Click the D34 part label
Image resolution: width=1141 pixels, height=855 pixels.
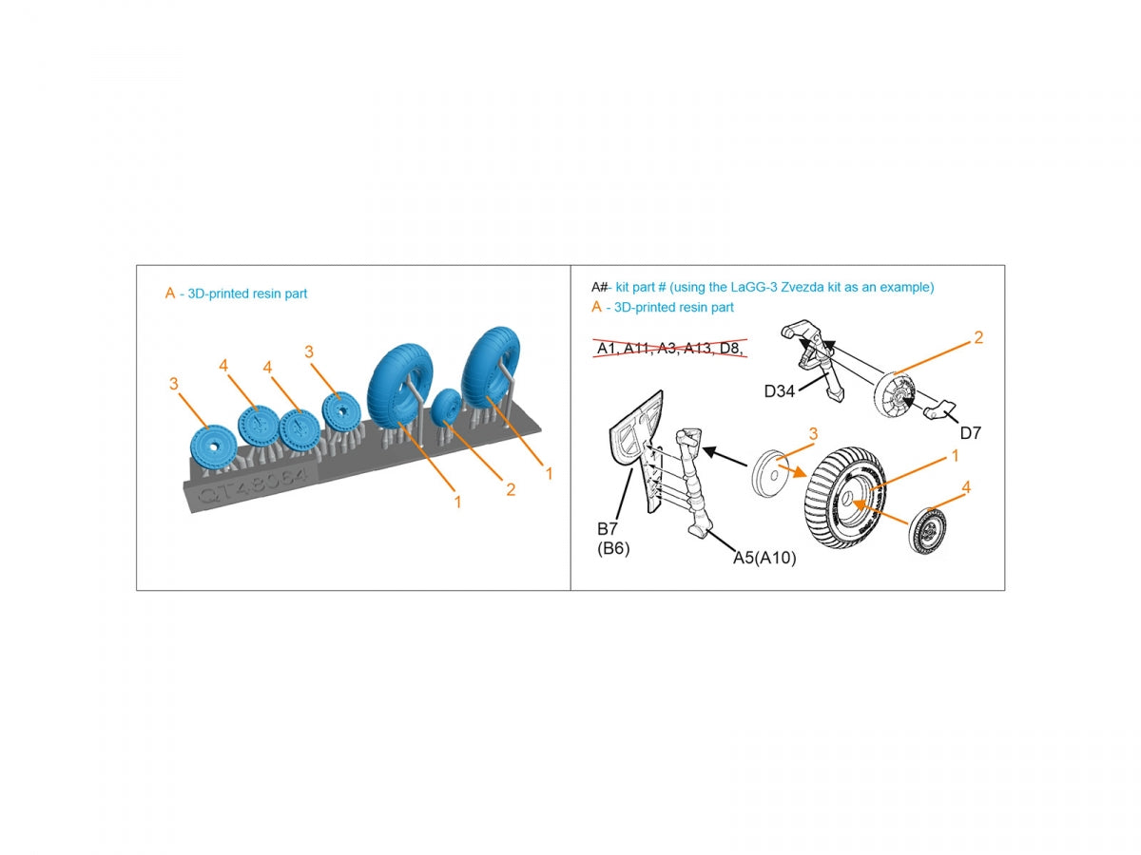point(779,390)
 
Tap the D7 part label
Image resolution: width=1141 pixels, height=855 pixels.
point(970,432)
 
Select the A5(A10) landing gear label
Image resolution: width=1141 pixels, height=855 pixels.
point(764,558)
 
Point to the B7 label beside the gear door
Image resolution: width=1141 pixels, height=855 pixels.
point(608,529)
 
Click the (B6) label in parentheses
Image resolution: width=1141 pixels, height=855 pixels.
point(613,549)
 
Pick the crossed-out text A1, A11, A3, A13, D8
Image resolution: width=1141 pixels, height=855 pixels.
point(669,348)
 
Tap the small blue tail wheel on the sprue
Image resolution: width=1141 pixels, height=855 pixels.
point(447,406)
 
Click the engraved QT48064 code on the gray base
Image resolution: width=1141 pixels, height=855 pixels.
point(253,485)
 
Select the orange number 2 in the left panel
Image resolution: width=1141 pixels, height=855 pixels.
point(511,489)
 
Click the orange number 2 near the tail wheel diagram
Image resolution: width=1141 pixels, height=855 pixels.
point(978,337)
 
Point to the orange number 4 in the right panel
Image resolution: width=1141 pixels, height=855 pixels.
point(966,487)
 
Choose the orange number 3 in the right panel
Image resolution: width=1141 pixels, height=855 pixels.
point(813,433)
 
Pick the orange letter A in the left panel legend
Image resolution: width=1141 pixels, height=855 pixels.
point(170,294)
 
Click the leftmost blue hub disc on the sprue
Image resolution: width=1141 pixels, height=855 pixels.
point(213,448)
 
